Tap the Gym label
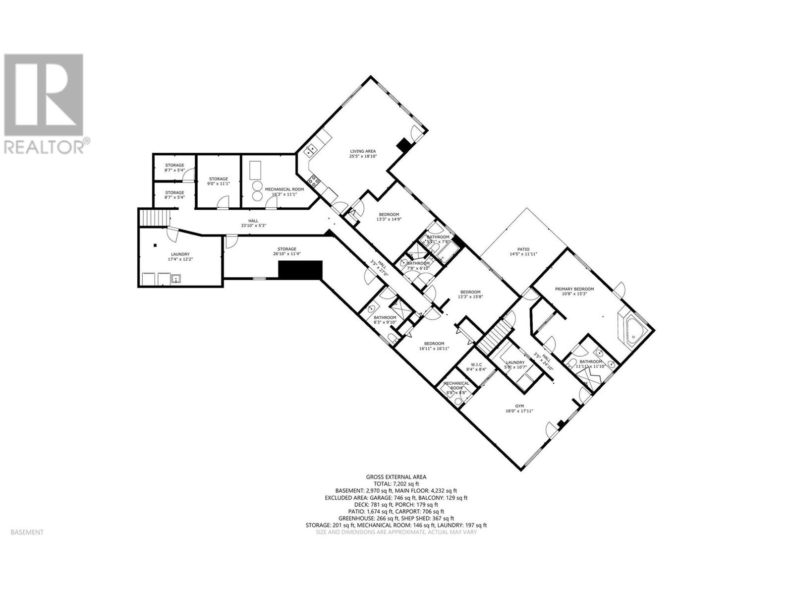[x=519, y=408]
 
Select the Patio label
[x=523, y=251]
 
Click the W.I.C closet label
[x=476, y=367]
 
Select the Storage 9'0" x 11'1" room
[x=218, y=181]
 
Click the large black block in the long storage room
[x=300, y=270]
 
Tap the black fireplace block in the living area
[x=405, y=144]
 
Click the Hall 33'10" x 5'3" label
[x=253, y=223]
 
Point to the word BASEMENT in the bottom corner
[x=27, y=532]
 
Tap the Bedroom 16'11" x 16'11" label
[x=434, y=346]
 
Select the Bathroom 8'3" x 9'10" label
[x=385, y=320]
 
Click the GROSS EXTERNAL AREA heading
[x=396, y=476]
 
